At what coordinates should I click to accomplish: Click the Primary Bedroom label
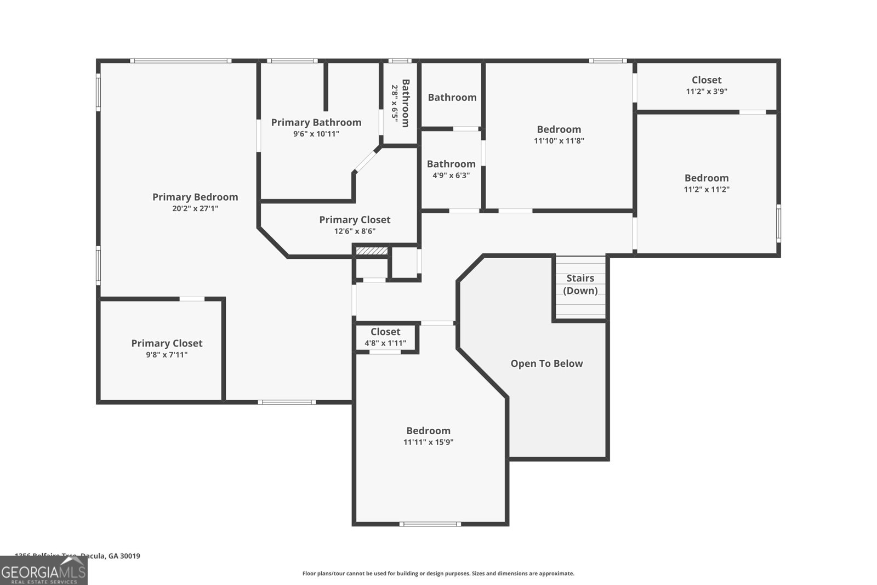(x=195, y=197)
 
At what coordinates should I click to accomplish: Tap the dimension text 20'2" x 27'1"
(x=195, y=208)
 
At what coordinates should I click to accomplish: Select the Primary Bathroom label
(x=316, y=122)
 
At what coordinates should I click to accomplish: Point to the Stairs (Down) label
(x=580, y=284)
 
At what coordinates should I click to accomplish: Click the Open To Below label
(x=546, y=364)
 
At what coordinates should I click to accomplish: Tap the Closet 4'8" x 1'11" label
(x=385, y=332)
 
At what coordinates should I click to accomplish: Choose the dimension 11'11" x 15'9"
(x=429, y=442)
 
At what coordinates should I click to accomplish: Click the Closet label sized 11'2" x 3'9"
(x=707, y=80)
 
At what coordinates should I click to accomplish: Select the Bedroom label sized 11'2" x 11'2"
(x=707, y=178)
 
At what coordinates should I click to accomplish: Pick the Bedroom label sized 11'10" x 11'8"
(x=559, y=129)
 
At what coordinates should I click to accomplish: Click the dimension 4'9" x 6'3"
(x=451, y=175)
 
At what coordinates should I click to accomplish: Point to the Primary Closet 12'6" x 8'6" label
(x=355, y=219)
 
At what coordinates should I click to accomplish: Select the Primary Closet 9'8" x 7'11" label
(x=167, y=343)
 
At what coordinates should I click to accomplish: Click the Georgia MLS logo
(x=43, y=571)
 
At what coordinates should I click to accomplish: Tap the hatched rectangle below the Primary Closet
(x=372, y=251)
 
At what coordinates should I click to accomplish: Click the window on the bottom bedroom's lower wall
(x=430, y=524)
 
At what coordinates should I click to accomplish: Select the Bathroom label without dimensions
(x=452, y=98)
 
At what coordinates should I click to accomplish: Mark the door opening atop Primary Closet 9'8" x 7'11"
(x=192, y=299)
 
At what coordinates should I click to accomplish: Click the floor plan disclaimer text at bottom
(x=438, y=573)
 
